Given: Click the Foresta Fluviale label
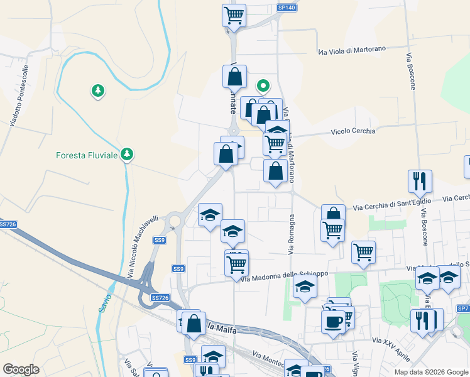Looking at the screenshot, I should tap(87, 155).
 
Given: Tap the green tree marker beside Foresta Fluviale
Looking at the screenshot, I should tap(127, 154).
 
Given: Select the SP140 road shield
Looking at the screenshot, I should tap(286, 8).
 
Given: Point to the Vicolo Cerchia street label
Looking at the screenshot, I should tap(353, 131).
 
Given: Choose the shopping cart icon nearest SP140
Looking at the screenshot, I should tap(234, 14).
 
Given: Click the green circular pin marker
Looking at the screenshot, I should tap(264, 85).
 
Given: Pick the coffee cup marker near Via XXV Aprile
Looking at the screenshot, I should tap(333, 321).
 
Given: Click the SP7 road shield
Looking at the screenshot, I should tap(463, 309).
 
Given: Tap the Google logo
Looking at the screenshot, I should tap(21, 369).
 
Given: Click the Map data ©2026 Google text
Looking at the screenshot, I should tap(430, 372).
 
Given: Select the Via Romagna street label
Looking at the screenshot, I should tap(292, 234).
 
